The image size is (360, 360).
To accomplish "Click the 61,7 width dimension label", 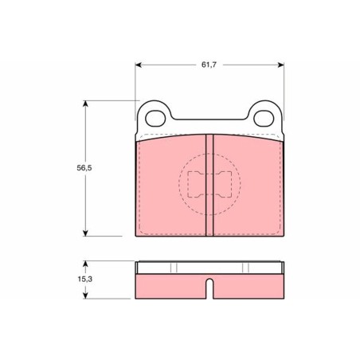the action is point(209,65).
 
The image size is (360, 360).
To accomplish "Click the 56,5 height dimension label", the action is point(84,168).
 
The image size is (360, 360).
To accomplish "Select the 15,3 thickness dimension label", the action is point(85,279).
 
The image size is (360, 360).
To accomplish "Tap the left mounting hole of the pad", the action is point(155,118).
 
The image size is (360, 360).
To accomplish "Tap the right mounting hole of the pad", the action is point(264,118).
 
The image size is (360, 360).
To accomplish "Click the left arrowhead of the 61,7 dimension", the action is point(139,65).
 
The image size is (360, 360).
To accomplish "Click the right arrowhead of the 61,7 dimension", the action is point(280,65).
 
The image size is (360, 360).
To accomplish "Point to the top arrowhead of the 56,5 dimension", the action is point(85,104).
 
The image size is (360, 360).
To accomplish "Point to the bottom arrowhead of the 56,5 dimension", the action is point(85,233).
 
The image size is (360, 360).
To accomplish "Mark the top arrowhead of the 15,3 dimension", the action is point(85,264).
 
